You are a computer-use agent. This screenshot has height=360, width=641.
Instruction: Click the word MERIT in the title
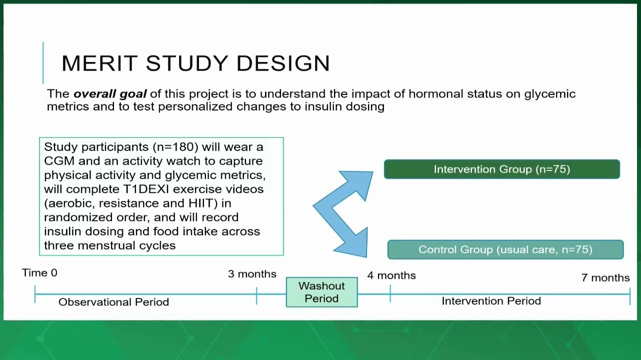99,63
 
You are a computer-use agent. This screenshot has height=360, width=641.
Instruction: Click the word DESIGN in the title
283,63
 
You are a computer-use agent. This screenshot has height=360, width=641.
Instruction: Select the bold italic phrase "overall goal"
110,94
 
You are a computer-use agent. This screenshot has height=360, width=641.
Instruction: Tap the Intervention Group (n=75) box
502,169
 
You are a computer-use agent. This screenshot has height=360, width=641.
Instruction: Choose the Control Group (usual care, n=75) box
505,249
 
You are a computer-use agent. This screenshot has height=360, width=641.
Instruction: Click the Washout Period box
321,292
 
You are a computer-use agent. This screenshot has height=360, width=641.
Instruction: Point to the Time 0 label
40,272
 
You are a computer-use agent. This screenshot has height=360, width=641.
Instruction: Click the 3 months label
252,274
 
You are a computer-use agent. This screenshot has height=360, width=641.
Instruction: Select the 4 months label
391,275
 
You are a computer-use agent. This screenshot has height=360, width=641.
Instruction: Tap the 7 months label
605,277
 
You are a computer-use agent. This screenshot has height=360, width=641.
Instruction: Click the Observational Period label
113,302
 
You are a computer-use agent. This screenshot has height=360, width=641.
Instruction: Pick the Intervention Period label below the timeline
491,301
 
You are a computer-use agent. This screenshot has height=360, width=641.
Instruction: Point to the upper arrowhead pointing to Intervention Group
359,183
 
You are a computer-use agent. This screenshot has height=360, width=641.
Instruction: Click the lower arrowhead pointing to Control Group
353,244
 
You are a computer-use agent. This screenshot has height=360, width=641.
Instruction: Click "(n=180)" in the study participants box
175,147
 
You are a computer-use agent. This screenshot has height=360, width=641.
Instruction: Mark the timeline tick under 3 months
256,295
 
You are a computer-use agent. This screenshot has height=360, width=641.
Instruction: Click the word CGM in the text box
59,161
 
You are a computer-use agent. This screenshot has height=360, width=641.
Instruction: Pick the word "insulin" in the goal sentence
323,106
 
